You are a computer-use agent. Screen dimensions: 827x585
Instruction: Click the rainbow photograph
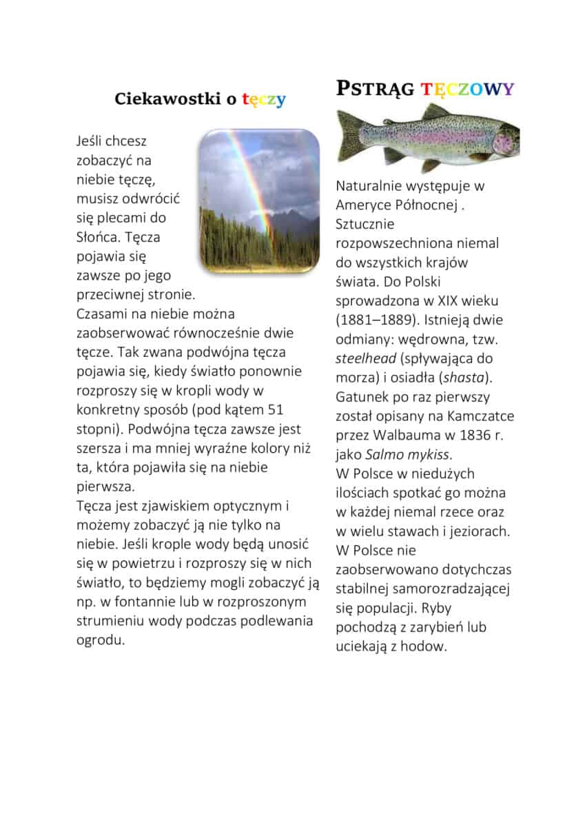pos(259,201)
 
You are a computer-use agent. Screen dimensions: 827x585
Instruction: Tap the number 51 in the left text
pos(274,409)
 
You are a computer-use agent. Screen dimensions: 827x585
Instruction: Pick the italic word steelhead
pos(365,359)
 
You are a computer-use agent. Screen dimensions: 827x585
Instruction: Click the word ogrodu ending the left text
pos(100,640)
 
